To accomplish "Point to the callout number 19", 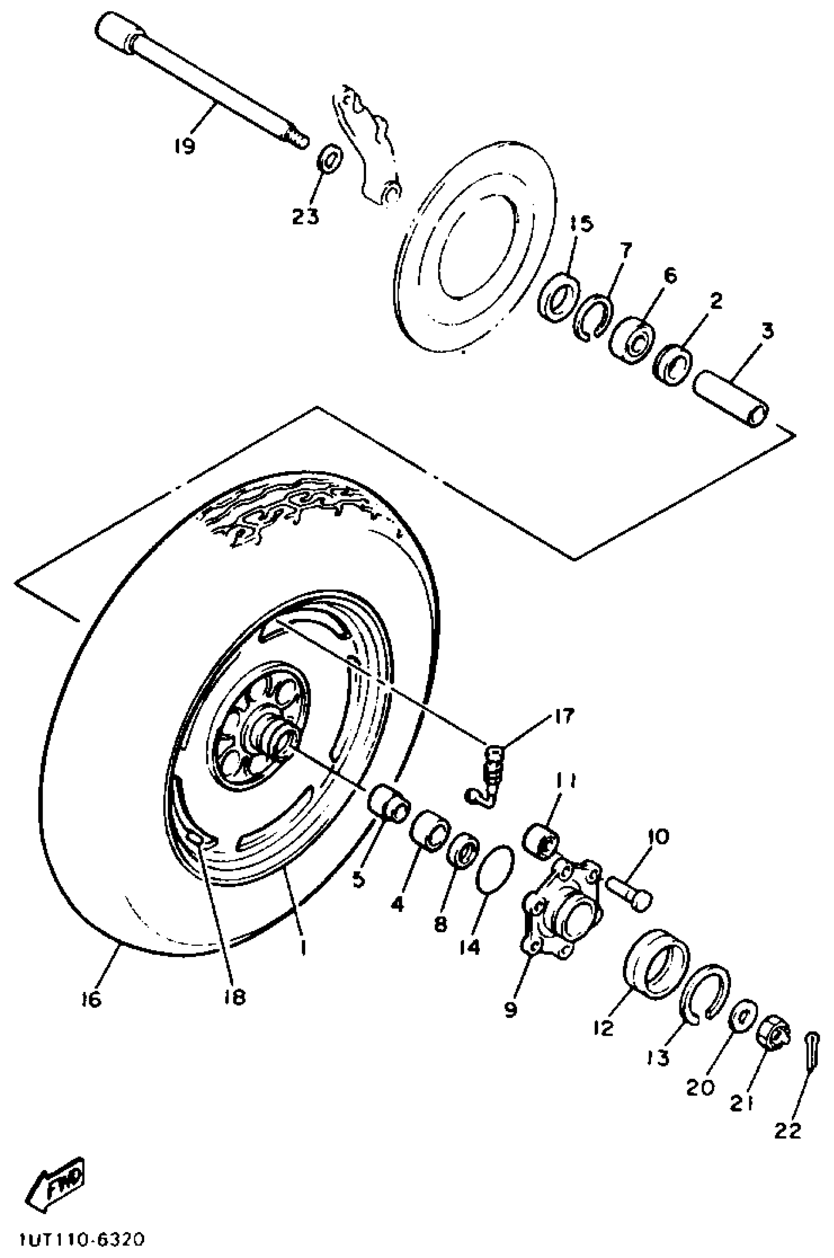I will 184,145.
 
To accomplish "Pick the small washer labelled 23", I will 330,158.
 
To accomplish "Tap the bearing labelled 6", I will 632,340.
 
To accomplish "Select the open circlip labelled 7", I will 594,318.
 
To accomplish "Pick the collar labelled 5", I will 390,803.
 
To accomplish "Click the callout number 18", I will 235,997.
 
